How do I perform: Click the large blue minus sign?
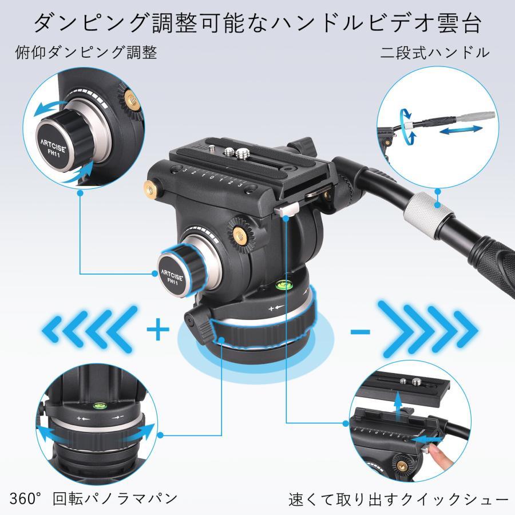(x=359, y=331)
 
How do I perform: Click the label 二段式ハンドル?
(x=435, y=53)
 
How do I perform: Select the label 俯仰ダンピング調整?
(x=86, y=53)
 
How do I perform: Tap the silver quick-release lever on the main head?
(x=284, y=211)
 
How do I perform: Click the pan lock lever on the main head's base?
(x=197, y=324)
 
